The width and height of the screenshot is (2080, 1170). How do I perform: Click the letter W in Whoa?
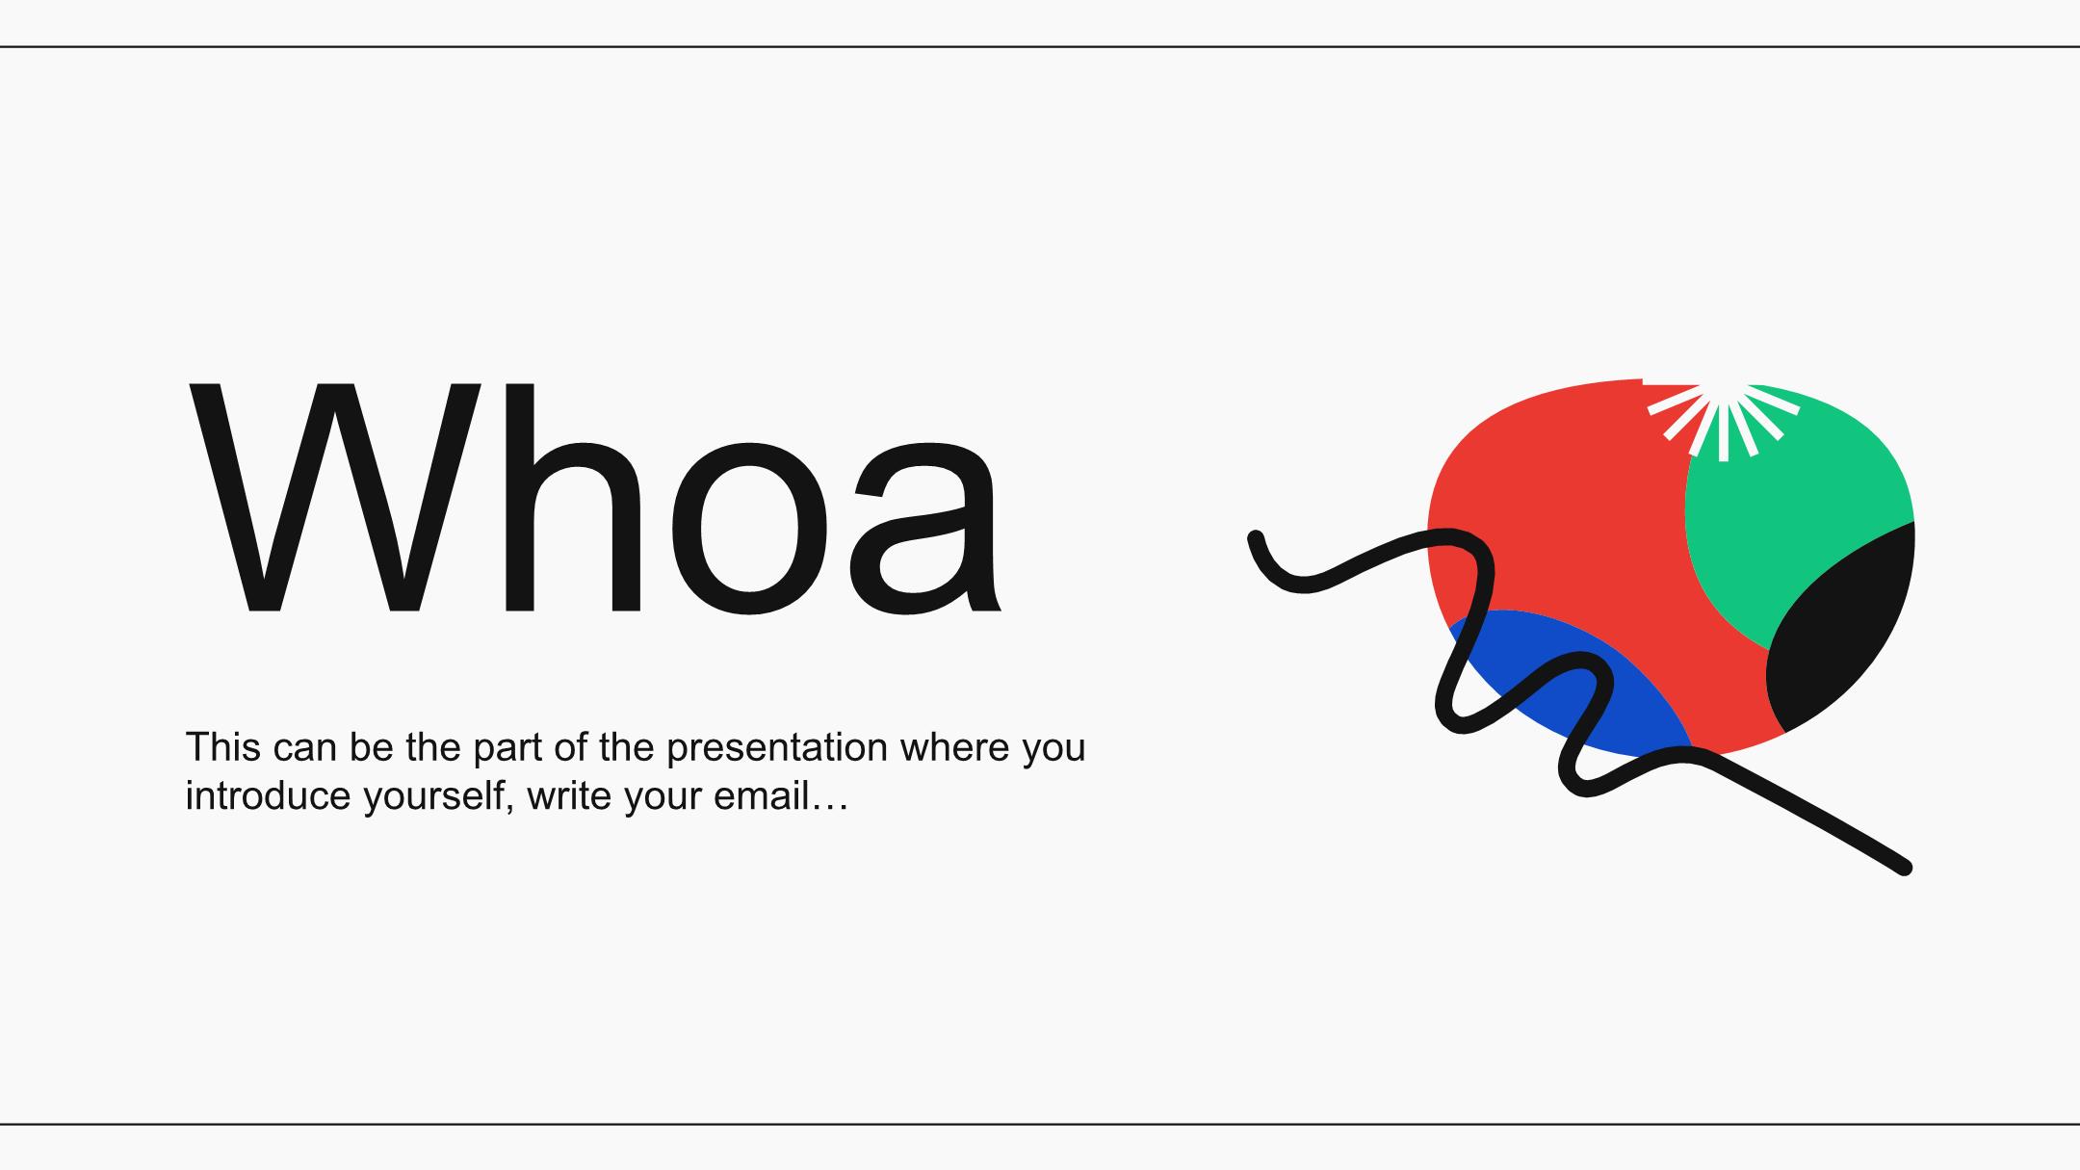[x=334, y=497]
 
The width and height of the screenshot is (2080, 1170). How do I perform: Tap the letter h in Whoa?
[x=573, y=497]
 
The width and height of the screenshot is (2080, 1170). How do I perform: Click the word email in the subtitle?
[x=760, y=796]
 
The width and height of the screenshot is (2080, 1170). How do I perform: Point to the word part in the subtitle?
[x=507, y=750]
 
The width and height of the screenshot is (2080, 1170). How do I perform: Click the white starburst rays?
[x=1723, y=419]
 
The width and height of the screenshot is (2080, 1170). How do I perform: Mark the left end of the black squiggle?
[x=1256, y=537]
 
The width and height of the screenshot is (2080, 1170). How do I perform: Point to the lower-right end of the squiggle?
[x=1904, y=868]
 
